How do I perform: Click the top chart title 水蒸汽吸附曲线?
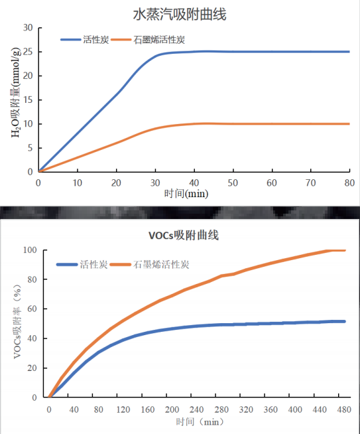point(180,13)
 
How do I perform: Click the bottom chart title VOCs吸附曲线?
point(183,235)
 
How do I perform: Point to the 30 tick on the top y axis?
point(28,28)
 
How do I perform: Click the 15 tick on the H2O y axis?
point(28,100)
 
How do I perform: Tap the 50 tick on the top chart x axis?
point(233,182)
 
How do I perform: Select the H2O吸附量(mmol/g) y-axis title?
point(15,100)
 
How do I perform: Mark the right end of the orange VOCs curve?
point(345,250)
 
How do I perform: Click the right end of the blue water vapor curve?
point(349,52)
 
